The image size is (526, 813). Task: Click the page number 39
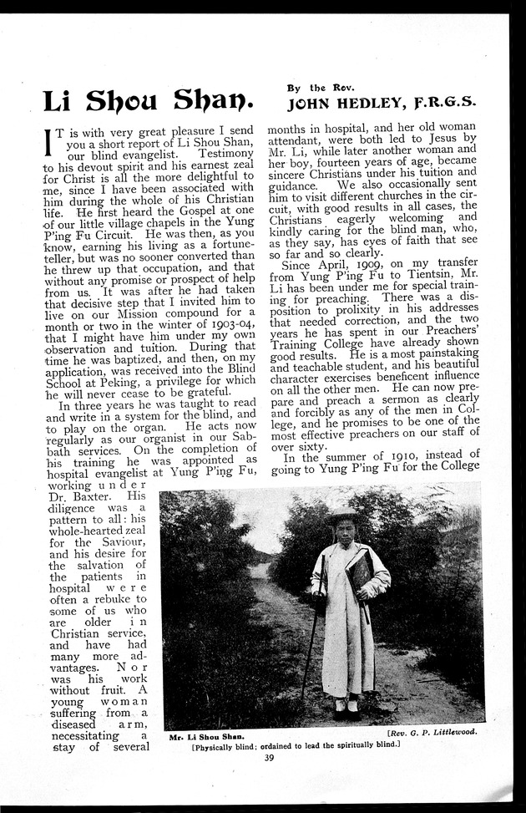click(268, 759)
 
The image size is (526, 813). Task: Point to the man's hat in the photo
click(342, 518)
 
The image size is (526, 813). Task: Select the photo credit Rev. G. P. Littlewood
click(431, 731)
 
